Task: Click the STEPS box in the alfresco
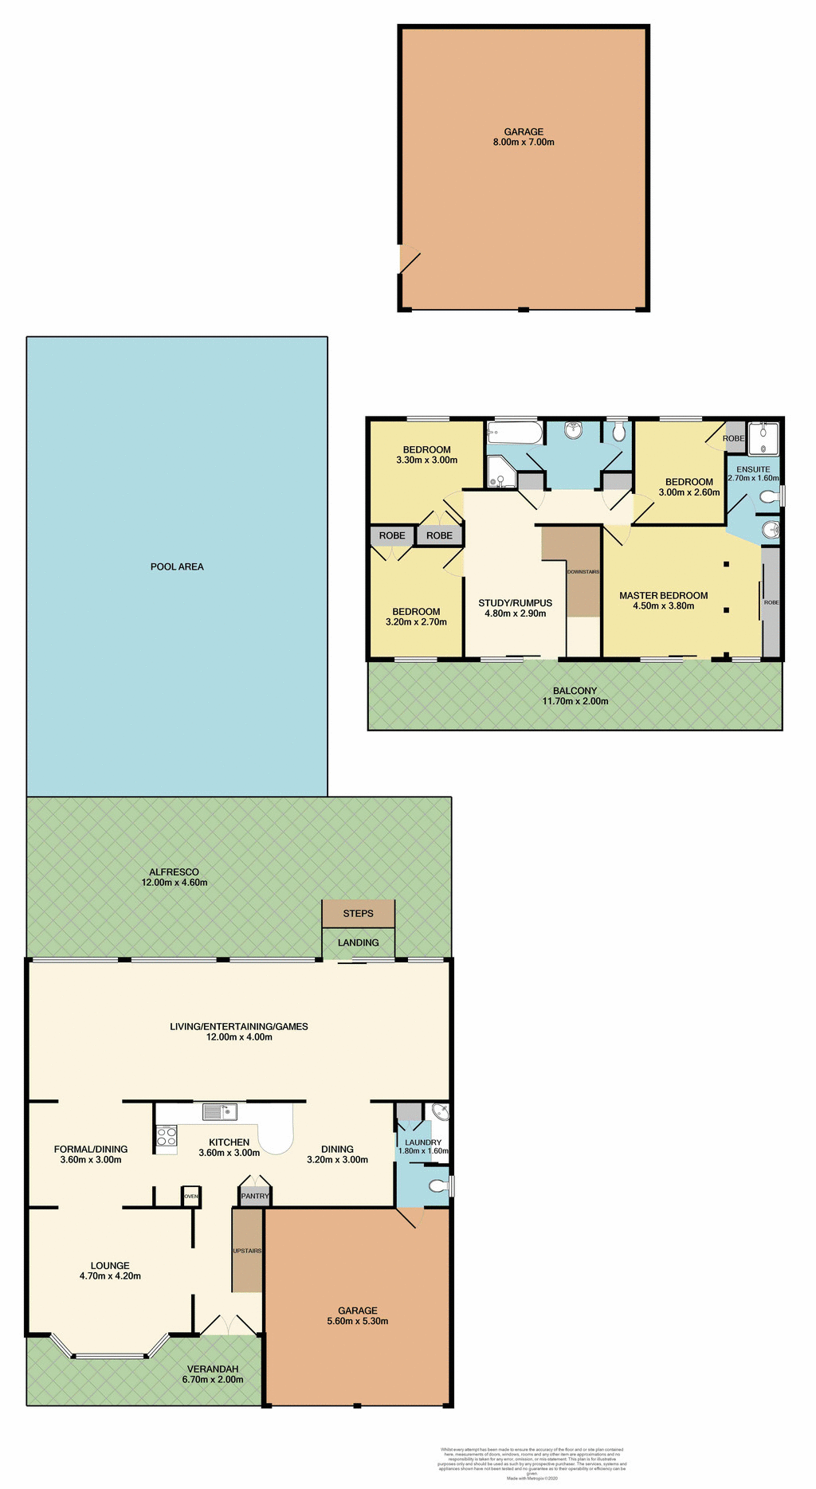358,913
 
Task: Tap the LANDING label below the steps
358,942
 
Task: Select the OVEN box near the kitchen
190,1197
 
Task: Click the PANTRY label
255,1196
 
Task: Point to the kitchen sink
219,1111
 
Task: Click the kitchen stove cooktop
166,1136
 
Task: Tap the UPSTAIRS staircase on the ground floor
247,1251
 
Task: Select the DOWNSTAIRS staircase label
583,571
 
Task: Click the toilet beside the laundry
438,1186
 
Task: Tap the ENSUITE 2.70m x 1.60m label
753,474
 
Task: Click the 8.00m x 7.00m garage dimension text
524,143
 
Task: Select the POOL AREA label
177,566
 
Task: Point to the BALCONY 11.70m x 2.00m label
575,696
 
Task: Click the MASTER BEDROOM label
663,595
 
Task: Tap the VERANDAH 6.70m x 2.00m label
213,1374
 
